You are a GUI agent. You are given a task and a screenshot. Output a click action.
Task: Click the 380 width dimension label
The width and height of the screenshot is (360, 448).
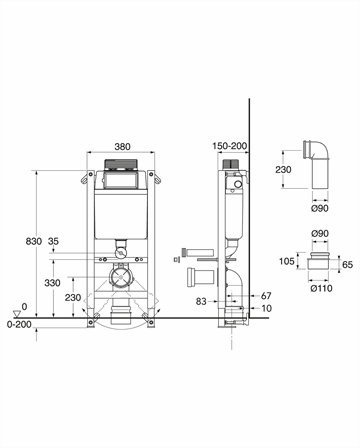coord(122,147)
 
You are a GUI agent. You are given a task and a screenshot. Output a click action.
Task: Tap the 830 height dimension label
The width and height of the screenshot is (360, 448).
coord(34,241)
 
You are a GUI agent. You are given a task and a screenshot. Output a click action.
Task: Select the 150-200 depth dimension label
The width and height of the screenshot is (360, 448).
coord(230,146)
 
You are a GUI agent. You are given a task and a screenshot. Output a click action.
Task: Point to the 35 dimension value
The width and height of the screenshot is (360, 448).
coord(53,241)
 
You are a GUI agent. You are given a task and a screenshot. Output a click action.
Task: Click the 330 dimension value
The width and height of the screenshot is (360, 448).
coord(52,283)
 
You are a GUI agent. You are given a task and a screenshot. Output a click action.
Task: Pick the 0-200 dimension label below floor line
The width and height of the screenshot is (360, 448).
coord(19,324)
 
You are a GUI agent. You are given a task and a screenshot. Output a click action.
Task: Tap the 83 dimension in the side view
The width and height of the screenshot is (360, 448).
coord(201,302)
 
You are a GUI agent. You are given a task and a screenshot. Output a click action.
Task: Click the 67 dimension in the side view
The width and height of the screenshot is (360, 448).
coord(266,296)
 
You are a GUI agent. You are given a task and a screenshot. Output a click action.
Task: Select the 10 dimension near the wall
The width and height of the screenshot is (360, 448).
coord(266,308)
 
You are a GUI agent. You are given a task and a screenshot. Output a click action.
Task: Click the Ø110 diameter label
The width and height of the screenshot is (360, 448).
coord(321,288)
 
